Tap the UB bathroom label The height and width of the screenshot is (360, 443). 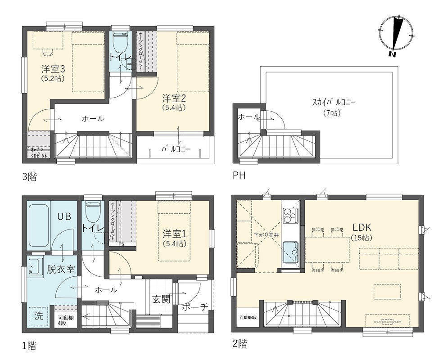tap(64, 216)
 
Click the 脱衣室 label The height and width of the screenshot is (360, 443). tap(61, 270)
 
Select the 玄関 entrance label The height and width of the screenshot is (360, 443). tap(161, 299)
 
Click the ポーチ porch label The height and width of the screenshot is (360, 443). tap(195, 307)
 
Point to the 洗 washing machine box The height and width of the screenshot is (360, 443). tap(39, 316)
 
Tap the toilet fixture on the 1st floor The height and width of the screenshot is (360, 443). tap(92, 212)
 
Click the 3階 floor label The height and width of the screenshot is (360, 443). tap(30, 177)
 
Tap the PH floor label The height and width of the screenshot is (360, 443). tap(239, 175)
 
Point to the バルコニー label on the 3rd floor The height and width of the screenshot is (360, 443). tap(176, 149)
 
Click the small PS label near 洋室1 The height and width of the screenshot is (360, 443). tap(121, 244)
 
